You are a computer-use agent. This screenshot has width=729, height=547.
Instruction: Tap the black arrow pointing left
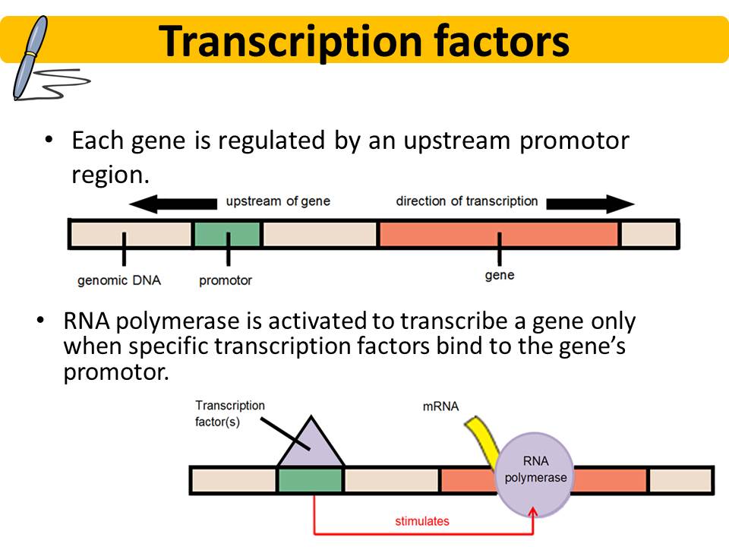pos(172,204)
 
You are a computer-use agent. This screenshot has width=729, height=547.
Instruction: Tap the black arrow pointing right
pos(590,204)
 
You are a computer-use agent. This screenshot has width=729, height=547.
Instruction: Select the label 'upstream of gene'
pos(278,201)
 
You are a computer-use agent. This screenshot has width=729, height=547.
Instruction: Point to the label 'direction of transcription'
pos(466,201)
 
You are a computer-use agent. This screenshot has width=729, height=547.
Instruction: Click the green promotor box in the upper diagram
pos(228,235)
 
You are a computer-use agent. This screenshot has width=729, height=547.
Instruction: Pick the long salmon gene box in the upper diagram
pos(498,235)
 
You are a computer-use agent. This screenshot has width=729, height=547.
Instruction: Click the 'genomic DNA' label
pos(119,280)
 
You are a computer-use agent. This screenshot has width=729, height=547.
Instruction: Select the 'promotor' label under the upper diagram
pos(226,280)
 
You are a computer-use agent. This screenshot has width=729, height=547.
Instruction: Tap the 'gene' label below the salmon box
pos(499,275)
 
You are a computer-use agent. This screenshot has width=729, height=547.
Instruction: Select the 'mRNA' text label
pos(440,406)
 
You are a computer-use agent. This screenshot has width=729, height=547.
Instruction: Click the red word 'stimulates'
pos(422,521)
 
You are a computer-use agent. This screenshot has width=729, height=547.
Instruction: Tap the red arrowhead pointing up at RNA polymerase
pos(533,514)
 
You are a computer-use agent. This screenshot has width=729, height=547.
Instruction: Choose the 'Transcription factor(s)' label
pos(229,413)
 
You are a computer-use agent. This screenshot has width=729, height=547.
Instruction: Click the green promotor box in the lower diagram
pos(310,480)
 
